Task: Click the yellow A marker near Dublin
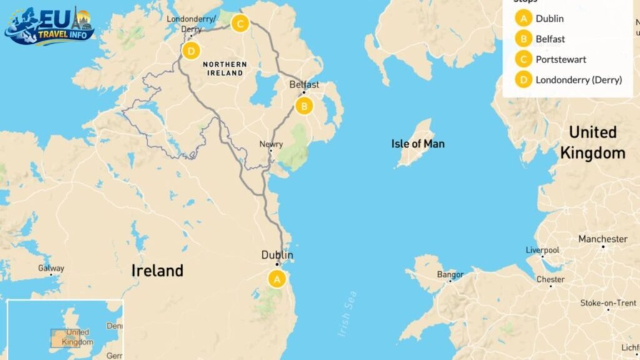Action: click(x=277, y=279)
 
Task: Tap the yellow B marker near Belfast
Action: click(x=304, y=106)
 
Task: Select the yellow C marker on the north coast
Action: click(x=239, y=24)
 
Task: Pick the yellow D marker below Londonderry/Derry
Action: click(x=191, y=50)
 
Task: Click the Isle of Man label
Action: click(x=418, y=144)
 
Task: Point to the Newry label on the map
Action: click(x=271, y=144)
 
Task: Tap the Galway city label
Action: click(x=51, y=268)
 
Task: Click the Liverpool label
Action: click(x=542, y=250)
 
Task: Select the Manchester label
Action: click(x=602, y=239)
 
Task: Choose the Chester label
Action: click(x=550, y=279)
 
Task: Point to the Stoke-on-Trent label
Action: click(x=608, y=303)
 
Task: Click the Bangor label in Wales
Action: click(x=450, y=274)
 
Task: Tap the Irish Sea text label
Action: click(x=347, y=315)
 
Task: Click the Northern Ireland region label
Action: click(x=224, y=69)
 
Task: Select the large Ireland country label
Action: click(x=157, y=271)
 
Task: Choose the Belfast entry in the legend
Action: click(x=550, y=39)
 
